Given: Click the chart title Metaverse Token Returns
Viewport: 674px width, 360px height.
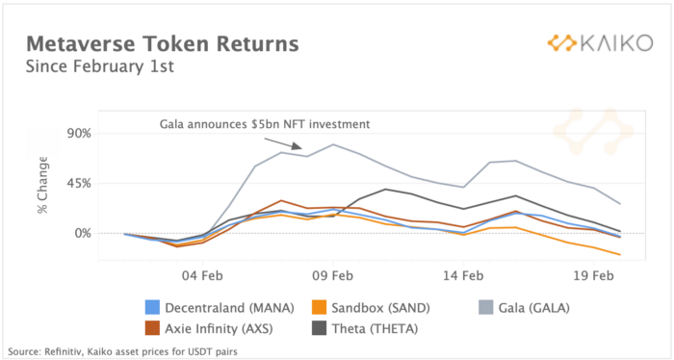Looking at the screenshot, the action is coord(162,44).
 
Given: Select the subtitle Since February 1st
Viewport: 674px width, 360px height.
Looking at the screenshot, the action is coord(100,67).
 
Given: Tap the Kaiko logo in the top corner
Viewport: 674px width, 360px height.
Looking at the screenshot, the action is coord(600,43).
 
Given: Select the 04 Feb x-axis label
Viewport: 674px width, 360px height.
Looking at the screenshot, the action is coord(203,275).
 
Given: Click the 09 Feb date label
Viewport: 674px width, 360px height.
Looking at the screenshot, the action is coord(333,275).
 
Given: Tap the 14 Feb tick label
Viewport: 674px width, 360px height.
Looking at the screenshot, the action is coord(463,275).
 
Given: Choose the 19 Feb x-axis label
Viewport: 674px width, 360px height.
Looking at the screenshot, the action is coord(594,275).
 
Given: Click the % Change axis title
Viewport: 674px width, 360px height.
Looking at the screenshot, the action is coord(42,185).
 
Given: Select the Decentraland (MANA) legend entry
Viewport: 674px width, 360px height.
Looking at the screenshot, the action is coord(220,308).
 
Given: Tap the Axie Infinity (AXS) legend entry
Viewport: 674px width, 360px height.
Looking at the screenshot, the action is coord(209,328).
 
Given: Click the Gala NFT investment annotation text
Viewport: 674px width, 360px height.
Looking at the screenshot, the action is coord(265,124).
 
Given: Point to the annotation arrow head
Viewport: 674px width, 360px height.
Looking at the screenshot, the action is coord(298,147).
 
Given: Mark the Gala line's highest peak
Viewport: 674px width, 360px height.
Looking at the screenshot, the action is coord(333,144).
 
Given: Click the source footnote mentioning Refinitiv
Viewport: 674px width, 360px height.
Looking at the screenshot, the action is coord(122,352).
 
